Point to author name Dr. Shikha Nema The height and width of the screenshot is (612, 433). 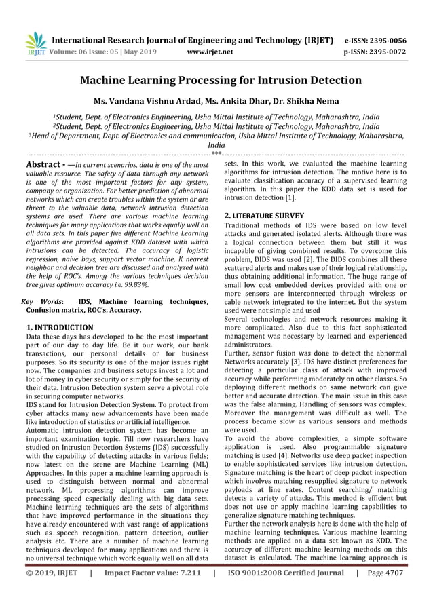tap(307, 102)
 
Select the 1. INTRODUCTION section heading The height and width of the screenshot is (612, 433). tap(59, 328)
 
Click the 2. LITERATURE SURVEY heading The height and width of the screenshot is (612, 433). tap(264, 216)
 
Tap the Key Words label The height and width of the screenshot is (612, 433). tap(42, 301)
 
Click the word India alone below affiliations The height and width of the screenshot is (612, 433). tap(216, 145)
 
